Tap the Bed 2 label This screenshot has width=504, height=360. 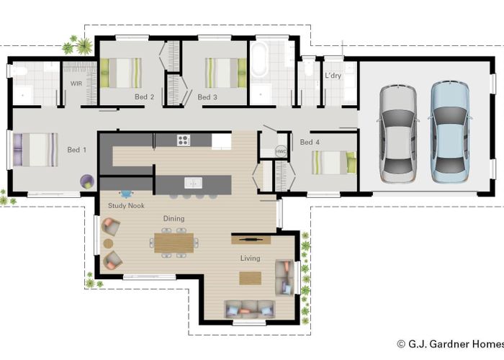coord(144,96)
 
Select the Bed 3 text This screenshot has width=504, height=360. coord(207,96)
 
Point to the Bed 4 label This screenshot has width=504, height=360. coord(310,142)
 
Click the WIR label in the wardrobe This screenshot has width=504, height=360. coord(76,84)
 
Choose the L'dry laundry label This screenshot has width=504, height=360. coord(333,75)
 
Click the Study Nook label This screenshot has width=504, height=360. coord(126,206)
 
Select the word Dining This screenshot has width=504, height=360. coord(174,218)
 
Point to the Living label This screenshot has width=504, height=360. coord(250,258)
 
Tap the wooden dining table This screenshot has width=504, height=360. coord(175,241)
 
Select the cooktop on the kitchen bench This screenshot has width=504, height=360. coord(183,140)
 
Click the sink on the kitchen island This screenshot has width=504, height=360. coord(192,182)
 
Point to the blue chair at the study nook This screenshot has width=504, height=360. coord(127,194)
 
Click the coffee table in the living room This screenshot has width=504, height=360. coord(250,278)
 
